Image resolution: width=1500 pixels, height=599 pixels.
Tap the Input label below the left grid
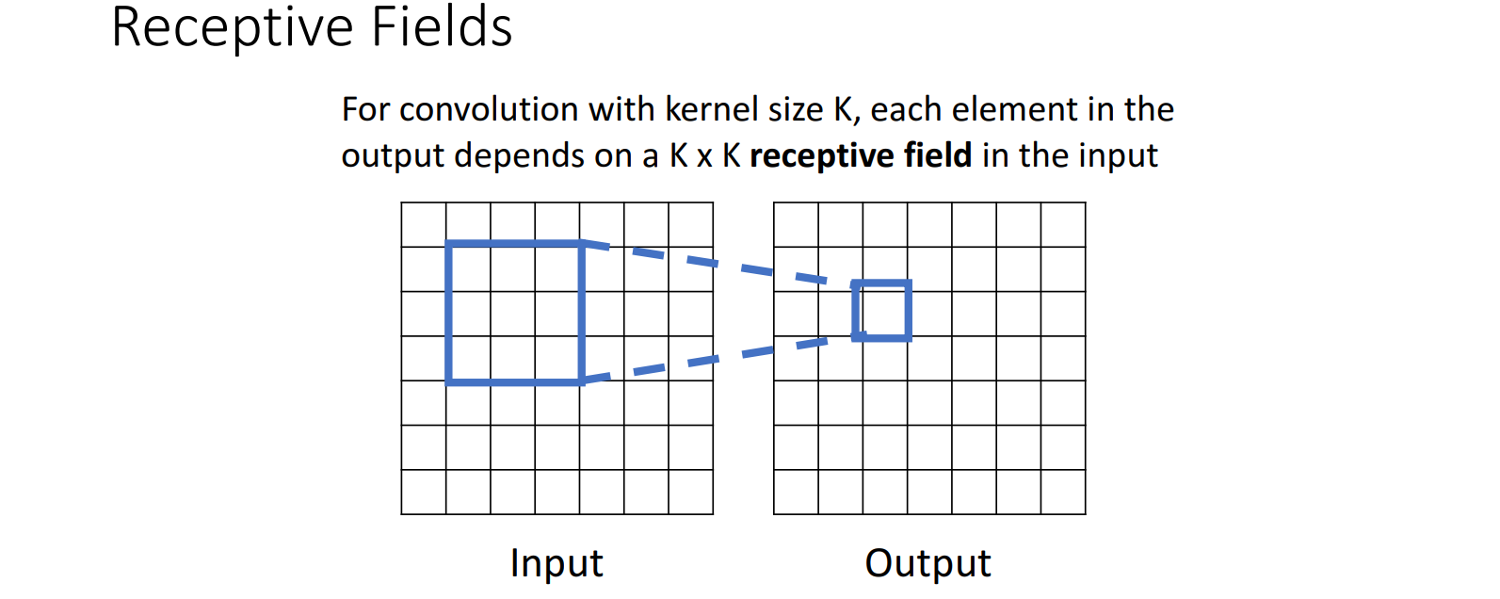tap(556, 563)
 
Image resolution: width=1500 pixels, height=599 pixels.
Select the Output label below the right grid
tap(927, 563)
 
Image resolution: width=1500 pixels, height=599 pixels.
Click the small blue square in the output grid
tap(882, 311)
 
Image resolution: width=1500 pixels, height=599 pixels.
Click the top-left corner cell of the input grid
tap(424, 225)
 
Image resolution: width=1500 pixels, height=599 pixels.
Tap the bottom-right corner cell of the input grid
tap(690, 492)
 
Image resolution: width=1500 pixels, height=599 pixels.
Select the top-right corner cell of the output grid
tap(1063, 225)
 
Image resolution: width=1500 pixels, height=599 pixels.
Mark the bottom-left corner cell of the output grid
tap(796, 492)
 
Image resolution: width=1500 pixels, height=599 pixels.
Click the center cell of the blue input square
tap(513, 314)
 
